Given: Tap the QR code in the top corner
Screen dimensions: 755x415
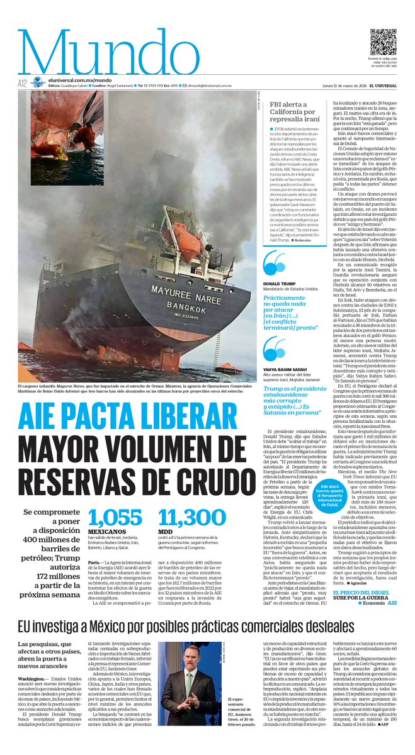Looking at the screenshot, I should click(383, 42).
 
